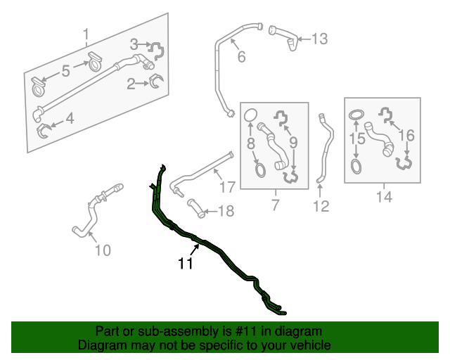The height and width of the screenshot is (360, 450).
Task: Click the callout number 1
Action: [86, 34]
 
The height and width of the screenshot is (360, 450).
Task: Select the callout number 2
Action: [131, 85]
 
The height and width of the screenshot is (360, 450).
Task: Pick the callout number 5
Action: [65, 70]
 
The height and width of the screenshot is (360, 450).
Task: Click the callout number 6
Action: [241, 58]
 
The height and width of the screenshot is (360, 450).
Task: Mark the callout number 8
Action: [250, 143]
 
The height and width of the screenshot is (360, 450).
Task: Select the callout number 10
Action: [103, 250]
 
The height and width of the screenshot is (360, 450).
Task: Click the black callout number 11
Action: [185, 264]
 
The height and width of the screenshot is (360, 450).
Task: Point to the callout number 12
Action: [321, 206]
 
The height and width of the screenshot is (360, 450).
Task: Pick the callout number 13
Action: [319, 39]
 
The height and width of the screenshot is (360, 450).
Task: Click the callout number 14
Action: [383, 198]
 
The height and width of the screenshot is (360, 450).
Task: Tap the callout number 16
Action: [407, 134]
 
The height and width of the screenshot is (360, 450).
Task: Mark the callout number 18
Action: [225, 211]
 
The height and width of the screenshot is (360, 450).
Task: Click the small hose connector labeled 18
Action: [195, 207]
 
